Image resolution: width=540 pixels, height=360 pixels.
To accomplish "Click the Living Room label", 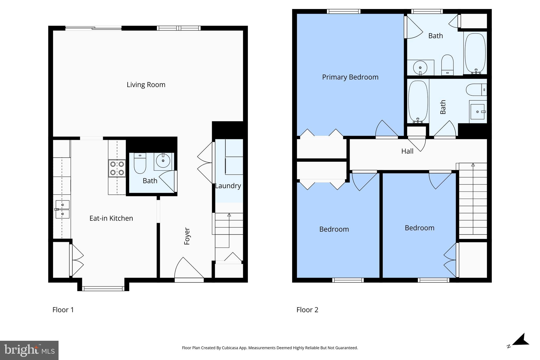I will click(146, 85).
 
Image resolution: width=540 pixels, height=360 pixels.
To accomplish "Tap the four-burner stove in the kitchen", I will click(117, 168).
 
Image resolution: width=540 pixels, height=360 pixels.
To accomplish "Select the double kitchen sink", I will click(62, 209).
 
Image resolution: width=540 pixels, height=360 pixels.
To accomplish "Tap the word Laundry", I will click(228, 186).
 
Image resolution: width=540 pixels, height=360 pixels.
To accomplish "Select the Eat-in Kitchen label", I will click(111, 218).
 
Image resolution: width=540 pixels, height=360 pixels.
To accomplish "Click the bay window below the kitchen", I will click(103, 289).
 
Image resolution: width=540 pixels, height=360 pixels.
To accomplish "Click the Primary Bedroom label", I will click(350, 77).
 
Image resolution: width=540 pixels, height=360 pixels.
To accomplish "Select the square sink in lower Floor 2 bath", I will click(478, 112).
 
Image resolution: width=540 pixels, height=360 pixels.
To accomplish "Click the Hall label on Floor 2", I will click(407, 151).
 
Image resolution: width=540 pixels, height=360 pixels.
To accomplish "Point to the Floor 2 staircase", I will click(473, 199).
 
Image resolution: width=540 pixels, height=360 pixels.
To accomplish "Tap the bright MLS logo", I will click(29, 350).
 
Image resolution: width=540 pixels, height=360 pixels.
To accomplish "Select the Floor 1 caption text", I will click(63, 310).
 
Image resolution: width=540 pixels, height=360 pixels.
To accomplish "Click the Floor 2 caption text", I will click(307, 310).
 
